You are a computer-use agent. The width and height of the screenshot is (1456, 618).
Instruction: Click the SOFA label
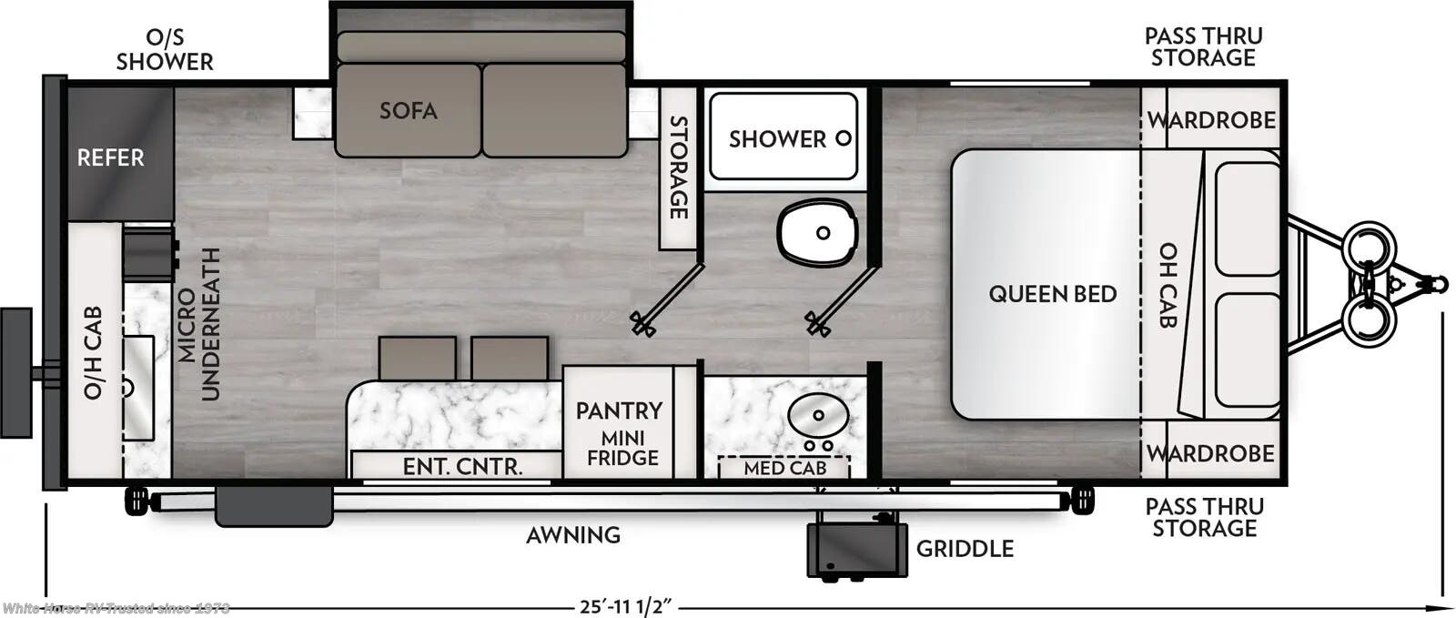(x=408, y=110)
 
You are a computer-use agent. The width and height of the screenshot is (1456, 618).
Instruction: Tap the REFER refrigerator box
(x=111, y=157)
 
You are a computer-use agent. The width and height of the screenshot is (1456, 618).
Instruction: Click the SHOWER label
(x=777, y=139)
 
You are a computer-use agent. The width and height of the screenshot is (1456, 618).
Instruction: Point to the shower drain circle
(x=844, y=138)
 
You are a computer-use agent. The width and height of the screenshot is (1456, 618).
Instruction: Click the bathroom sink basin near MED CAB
(x=817, y=417)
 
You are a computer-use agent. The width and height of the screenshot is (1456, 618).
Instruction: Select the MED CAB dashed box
(x=784, y=467)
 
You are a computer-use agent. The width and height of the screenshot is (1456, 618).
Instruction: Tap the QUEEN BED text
(x=1052, y=294)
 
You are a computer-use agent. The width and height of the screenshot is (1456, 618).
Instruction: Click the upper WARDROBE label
(x=1211, y=120)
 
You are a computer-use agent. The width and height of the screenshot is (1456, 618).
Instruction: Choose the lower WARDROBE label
(x=1210, y=452)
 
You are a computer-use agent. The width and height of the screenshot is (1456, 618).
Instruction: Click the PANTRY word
(x=619, y=410)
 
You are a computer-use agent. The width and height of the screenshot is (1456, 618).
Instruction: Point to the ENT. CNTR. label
(x=462, y=467)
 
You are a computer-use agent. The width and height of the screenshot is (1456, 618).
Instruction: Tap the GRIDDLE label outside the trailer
(x=965, y=548)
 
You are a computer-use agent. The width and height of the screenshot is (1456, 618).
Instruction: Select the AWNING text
(x=573, y=535)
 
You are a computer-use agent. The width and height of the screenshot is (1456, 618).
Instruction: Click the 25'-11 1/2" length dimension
(x=626, y=606)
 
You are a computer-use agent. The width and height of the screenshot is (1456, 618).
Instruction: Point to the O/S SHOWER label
(x=165, y=49)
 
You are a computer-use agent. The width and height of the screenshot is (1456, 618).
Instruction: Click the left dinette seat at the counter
(x=417, y=358)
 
